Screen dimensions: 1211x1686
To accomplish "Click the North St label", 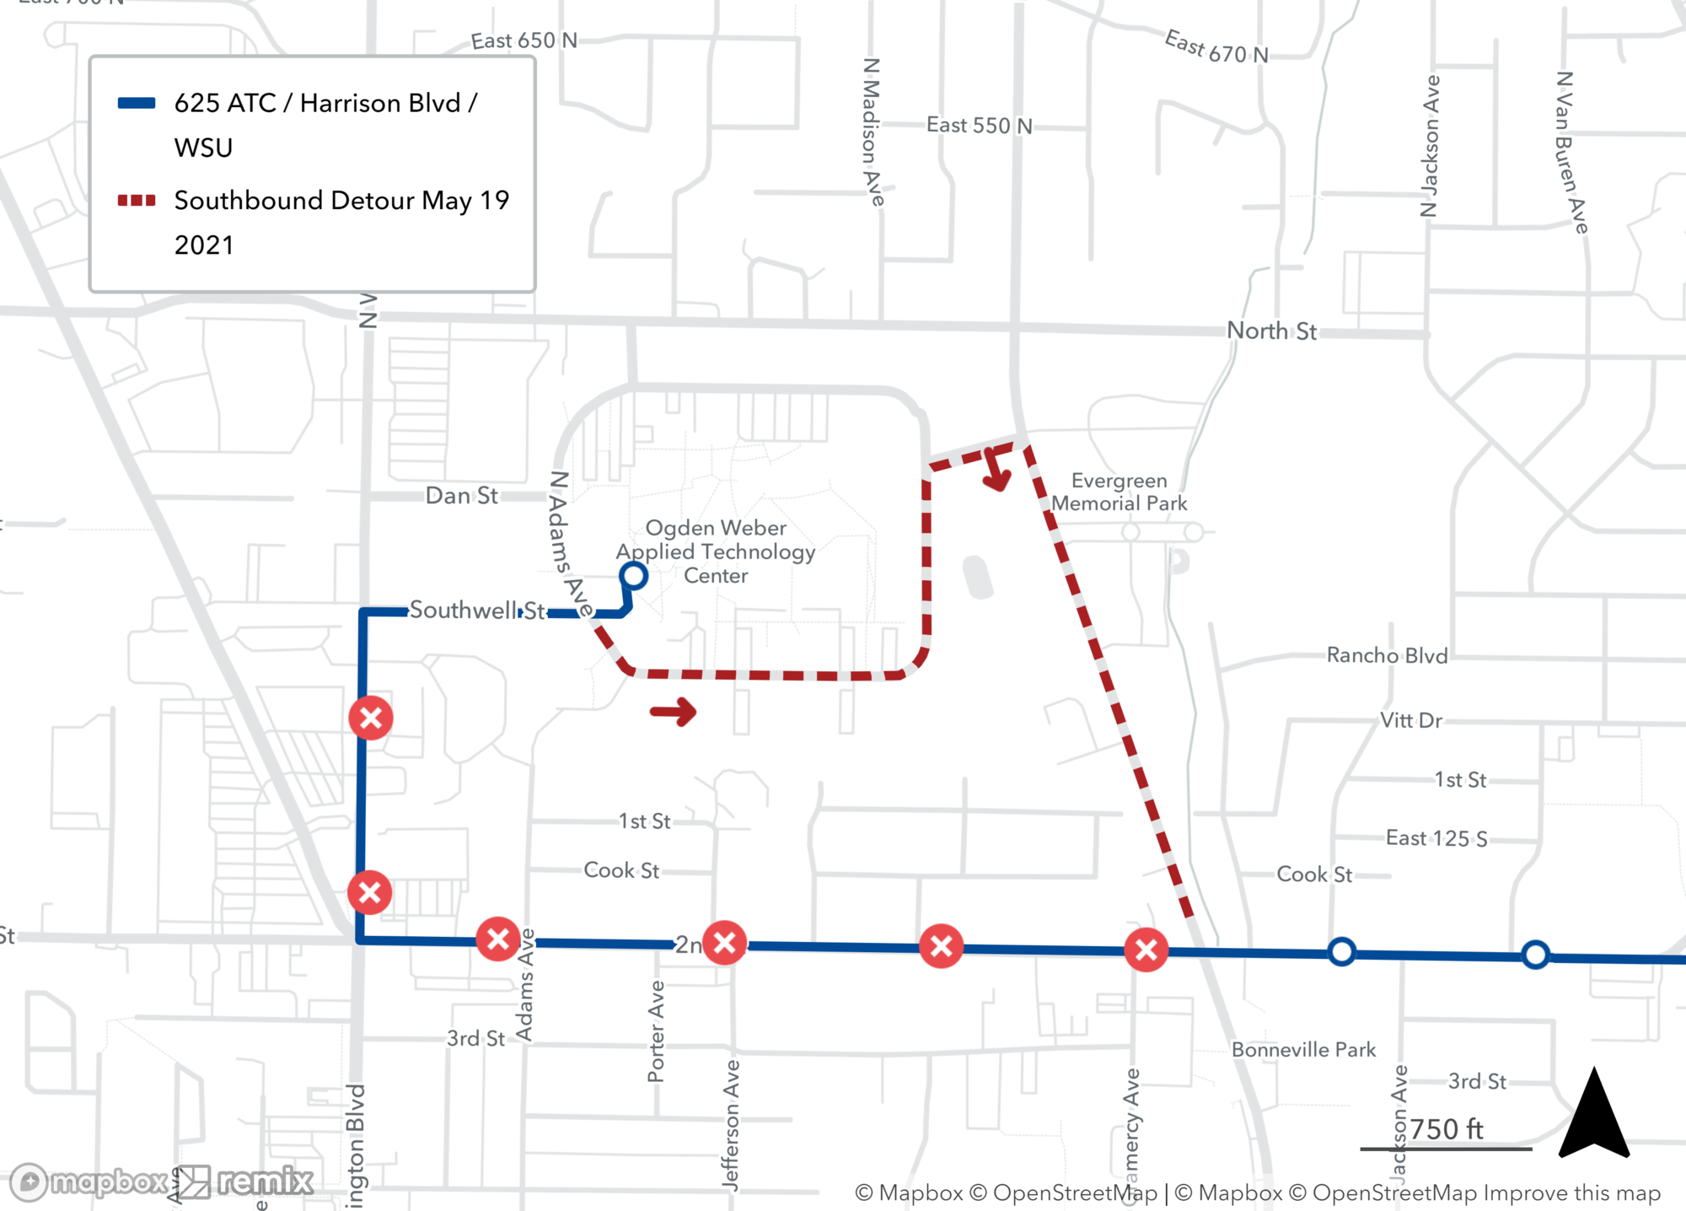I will point(1270,331).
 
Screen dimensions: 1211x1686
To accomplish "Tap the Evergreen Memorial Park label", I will point(1119,492).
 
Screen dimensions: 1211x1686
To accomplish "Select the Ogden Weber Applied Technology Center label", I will point(716,552).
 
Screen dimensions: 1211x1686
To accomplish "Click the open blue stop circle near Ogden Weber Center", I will point(633,576).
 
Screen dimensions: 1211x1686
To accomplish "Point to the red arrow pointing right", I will point(674,712).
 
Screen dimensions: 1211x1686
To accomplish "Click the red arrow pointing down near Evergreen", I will point(996,471).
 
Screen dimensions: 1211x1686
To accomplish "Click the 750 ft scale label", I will point(1446,1129).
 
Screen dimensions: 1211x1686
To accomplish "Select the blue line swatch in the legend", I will point(137,104).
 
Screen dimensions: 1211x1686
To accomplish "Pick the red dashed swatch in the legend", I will point(137,201).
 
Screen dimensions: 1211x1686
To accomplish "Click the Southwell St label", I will point(477,610).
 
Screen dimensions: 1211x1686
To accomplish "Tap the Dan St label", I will point(461,495).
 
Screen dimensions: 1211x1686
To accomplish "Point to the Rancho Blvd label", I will point(1387,655).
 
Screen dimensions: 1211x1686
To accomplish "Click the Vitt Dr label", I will point(1410,720).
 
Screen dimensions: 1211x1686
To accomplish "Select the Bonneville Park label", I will point(1303,1049).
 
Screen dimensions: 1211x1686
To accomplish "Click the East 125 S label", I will point(1436,837).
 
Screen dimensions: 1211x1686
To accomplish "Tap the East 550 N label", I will point(979,125).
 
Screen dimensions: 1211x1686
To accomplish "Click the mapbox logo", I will point(89,1181).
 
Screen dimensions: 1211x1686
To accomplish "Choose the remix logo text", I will point(265,1181).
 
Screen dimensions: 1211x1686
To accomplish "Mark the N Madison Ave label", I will point(873,132).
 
